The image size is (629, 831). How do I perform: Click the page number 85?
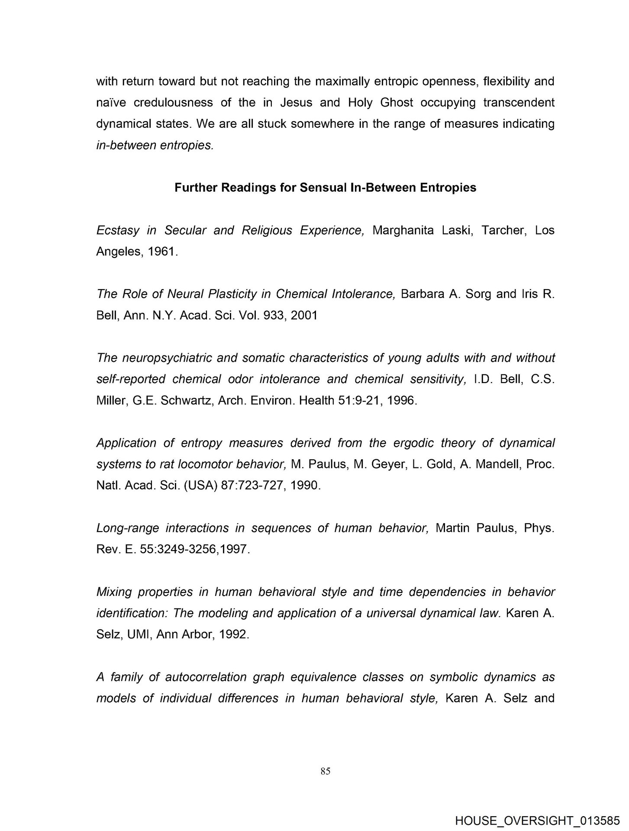(x=326, y=771)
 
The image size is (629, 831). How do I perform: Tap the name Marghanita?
(x=403, y=230)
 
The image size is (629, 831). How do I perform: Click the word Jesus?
(x=296, y=103)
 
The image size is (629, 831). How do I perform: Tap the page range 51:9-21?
(x=355, y=400)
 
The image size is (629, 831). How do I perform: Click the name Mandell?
(x=497, y=464)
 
